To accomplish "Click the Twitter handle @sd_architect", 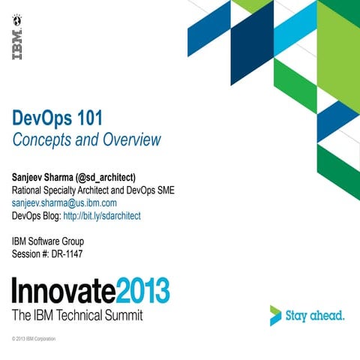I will click(107, 178).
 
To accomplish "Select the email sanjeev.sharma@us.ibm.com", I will click(64, 202).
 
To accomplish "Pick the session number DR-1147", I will click(72, 253).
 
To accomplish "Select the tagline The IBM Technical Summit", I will click(77, 315).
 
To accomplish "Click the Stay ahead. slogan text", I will click(316, 316).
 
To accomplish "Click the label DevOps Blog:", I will click(37, 215).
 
